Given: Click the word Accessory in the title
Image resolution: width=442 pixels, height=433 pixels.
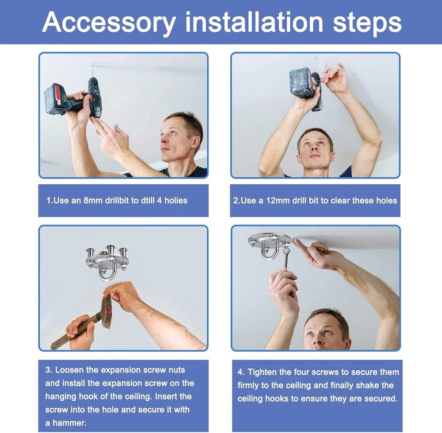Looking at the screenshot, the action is pos(109,23).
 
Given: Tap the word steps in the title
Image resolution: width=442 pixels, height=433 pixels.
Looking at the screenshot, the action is pos(367,23).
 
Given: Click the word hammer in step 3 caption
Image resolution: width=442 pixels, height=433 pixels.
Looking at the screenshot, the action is pos(70,423).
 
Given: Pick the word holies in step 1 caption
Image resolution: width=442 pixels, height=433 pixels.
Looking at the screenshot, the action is pos(176,201).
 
